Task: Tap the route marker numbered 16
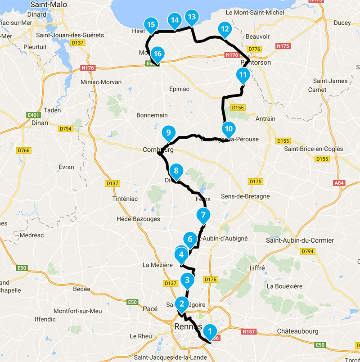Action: click(x=157, y=54)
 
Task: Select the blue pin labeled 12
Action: click(x=225, y=30)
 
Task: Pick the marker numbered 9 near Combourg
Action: click(x=168, y=133)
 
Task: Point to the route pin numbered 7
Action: click(x=203, y=215)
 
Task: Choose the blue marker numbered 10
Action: click(x=229, y=129)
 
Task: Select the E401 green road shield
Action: click(x=34, y=114)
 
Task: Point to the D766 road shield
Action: click(x=23, y=150)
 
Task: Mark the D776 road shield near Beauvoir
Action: click(x=255, y=49)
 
